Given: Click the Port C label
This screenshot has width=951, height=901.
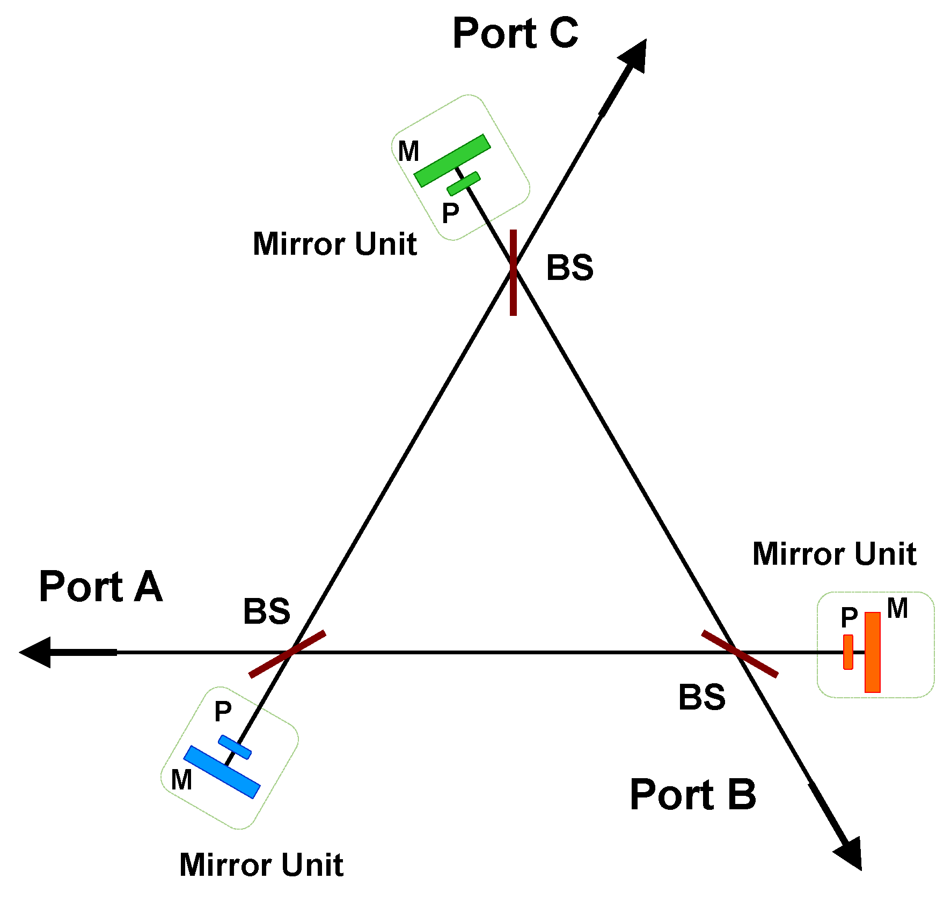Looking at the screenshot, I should (515, 33).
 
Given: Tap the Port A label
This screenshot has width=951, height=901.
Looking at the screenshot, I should (101, 587).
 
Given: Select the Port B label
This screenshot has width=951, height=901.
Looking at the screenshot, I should (693, 795).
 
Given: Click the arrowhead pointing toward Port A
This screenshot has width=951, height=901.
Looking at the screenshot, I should (38, 652).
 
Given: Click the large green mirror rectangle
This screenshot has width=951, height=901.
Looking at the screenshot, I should (452, 160).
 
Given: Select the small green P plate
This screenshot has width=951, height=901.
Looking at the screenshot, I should (464, 183).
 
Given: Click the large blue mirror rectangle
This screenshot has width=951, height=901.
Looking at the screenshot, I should (222, 772).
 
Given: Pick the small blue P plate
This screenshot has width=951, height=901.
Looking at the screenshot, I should (235, 747).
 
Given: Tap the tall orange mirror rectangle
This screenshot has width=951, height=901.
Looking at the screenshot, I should (873, 652).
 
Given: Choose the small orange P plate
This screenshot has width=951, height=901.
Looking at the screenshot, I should (848, 652).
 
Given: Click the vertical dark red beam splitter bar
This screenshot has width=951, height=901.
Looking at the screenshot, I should (513, 272).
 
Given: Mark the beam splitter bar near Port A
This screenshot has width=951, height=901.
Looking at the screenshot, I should (287, 654).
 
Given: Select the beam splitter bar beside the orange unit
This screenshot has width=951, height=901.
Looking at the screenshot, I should (740, 654).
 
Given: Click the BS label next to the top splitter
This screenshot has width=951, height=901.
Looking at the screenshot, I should (569, 268).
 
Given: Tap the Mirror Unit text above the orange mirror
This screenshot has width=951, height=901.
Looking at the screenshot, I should (834, 554).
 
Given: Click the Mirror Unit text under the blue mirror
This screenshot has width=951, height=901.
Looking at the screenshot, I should (261, 865).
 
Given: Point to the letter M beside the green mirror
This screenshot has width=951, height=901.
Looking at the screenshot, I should (408, 151).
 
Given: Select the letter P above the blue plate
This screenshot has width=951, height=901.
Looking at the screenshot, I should (223, 712).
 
